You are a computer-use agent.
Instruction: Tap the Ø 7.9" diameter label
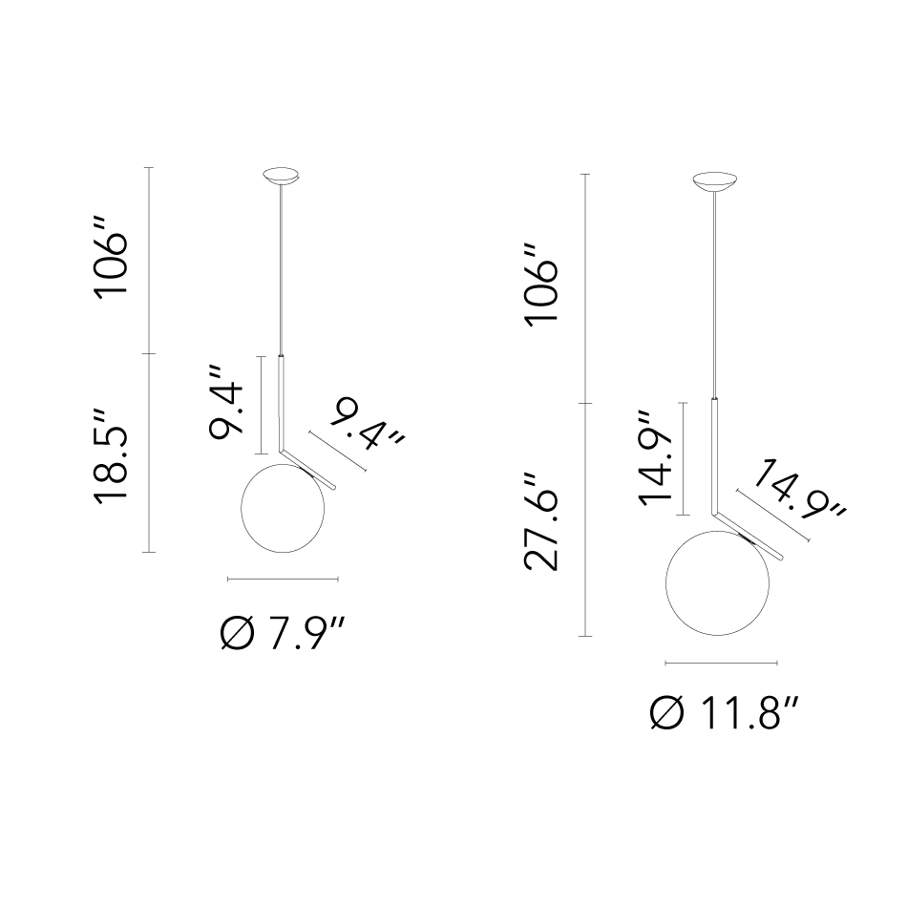[284, 633]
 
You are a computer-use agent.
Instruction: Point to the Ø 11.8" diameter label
[723, 712]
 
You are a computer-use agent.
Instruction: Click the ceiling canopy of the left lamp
[280, 177]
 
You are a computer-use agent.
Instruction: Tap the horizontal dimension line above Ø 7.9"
[283, 579]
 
